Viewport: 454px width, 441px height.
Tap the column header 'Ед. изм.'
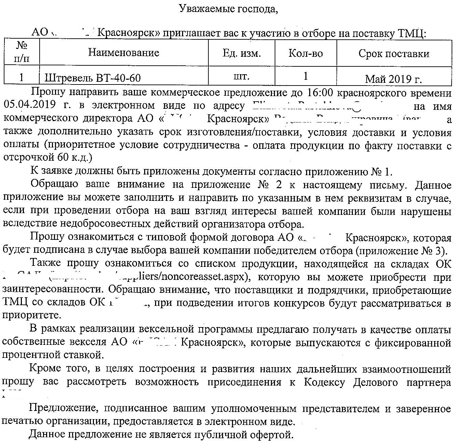[x=242, y=53]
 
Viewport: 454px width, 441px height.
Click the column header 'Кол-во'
[x=306, y=53]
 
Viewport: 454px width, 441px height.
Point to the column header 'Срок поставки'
[x=394, y=54]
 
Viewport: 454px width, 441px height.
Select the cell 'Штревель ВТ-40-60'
[x=93, y=78]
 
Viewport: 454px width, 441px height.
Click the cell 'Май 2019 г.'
[x=394, y=79]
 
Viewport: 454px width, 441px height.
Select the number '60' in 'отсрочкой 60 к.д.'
[x=60, y=157]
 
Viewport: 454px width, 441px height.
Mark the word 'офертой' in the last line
[x=274, y=434]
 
